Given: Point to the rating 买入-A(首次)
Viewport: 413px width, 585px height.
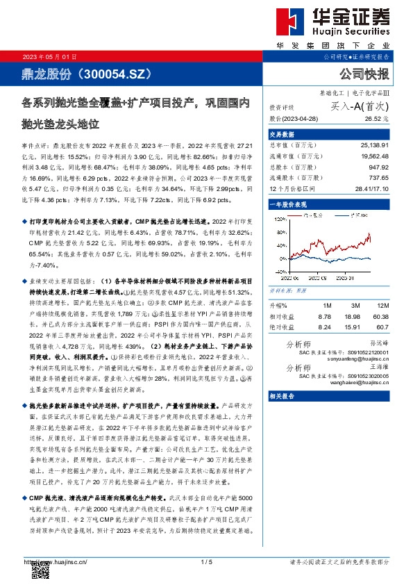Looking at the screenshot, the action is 360,106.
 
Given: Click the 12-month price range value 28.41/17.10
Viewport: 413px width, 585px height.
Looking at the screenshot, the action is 369,190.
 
